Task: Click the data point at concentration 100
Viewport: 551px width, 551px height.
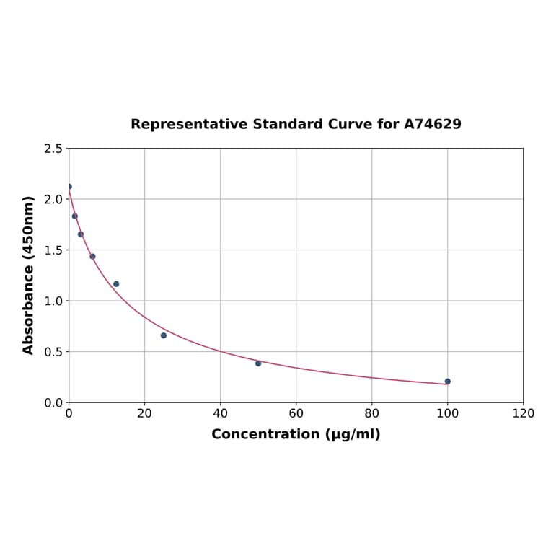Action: pyautogui.click(x=447, y=382)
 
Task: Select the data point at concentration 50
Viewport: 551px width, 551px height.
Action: pyautogui.click(x=258, y=363)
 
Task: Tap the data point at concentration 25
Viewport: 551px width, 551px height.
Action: pyautogui.click(x=164, y=335)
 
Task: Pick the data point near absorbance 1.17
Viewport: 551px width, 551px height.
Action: pyautogui.click(x=116, y=284)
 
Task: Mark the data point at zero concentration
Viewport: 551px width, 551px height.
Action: pyautogui.click(x=69, y=187)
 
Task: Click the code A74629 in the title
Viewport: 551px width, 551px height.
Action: pyautogui.click(x=432, y=125)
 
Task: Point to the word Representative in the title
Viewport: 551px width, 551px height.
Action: pyautogui.click(x=190, y=125)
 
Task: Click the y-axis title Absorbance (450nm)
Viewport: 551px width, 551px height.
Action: pyautogui.click(x=29, y=275)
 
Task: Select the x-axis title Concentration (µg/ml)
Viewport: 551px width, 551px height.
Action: pyautogui.click(x=296, y=434)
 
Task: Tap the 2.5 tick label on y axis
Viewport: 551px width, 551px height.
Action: pyautogui.click(x=53, y=149)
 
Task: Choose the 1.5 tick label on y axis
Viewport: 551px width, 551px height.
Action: pyautogui.click(x=53, y=250)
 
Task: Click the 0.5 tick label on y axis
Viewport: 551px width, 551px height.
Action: pyautogui.click(x=53, y=352)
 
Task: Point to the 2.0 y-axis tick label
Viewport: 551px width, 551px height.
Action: pyautogui.click(x=53, y=199)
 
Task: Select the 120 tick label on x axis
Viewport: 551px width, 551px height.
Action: pyautogui.click(x=523, y=413)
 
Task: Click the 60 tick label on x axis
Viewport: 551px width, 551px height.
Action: pyautogui.click(x=296, y=413)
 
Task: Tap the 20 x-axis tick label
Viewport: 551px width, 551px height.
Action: pyautogui.click(x=144, y=413)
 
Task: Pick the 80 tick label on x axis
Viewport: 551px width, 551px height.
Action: pyautogui.click(x=371, y=413)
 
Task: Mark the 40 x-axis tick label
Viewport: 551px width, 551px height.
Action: pyautogui.click(x=220, y=413)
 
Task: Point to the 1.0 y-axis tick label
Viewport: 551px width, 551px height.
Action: pyautogui.click(x=53, y=301)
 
